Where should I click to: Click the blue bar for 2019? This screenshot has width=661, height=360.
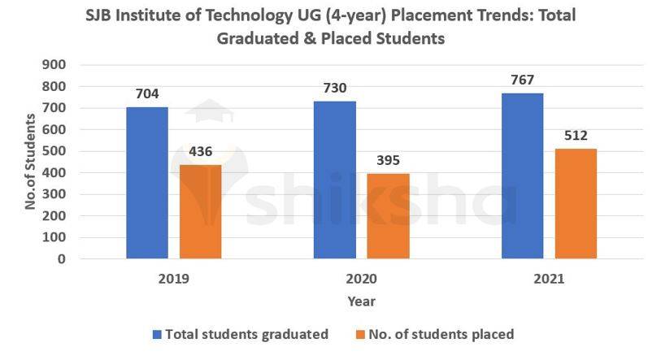tap(147, 183)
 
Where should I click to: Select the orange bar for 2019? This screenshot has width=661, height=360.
tap(200, 212)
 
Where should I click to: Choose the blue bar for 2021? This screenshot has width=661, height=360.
tap(522, 176)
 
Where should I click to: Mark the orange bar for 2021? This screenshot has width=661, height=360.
tap(576, 204)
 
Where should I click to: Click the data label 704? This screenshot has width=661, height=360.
tap(147, 93)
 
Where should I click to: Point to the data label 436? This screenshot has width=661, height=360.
tap(200, 151)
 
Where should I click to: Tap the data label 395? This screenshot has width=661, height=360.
tap(388, 160)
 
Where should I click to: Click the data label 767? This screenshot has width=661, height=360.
tap(523, 80)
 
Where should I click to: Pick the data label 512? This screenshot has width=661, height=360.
tap(576, 135)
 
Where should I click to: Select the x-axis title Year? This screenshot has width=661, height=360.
tap(361, 301)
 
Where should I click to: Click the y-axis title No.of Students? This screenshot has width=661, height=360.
tap(30, 162)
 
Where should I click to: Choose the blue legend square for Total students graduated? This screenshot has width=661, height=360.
tap(158, 334)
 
